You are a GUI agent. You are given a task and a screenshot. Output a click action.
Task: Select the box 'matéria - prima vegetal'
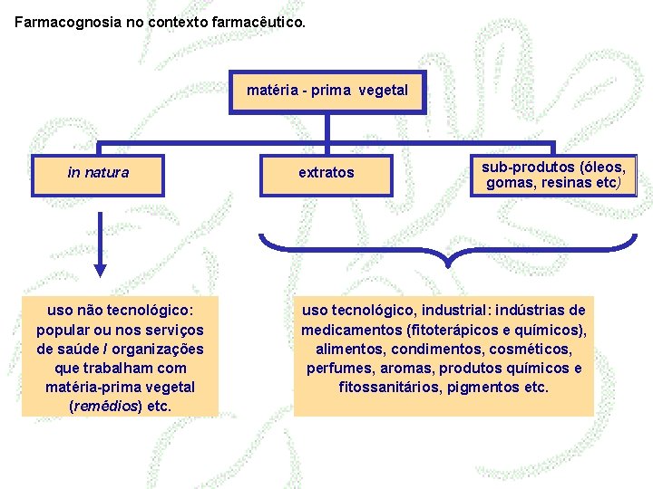tap(327, 91)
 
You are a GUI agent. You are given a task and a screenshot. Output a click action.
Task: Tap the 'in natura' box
tap(98, 173)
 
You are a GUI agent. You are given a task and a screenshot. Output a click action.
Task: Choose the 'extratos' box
tap(326, 173)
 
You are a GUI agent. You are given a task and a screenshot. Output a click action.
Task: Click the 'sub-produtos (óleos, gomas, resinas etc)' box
tap(553, 175)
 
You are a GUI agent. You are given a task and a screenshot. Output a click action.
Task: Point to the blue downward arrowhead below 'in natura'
tap(101, 269)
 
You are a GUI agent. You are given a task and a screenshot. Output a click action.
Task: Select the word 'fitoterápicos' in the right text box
tap(455, 330)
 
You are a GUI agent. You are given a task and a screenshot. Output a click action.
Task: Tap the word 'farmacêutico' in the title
tap(258, 17)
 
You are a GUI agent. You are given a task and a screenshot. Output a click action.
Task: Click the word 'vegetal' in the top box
tap(383, 91)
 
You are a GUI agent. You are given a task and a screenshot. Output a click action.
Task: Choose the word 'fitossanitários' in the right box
tap(385, 388)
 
